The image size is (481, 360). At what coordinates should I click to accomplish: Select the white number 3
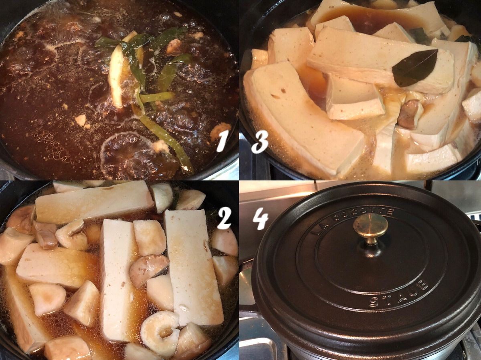(x=260, y=142)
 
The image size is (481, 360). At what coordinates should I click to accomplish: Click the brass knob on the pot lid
(x=371, y=228)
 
